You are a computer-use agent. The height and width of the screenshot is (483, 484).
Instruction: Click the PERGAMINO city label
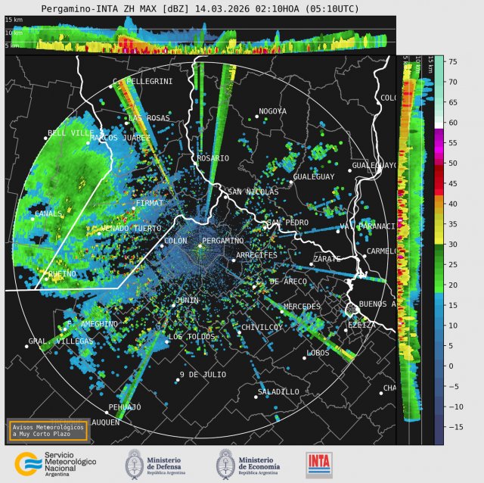pyautogui.click(x=224, y=241)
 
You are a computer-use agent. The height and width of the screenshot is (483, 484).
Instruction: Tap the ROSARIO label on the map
pyautogui.click(x=213, y=158)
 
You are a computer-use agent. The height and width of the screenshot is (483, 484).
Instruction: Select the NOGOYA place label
pyautogui.click(x=272, y=111)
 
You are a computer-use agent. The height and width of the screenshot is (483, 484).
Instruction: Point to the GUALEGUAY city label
pyautogui.click(x=313, y=176)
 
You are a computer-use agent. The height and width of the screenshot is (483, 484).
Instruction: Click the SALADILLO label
pyautogui.click(x=278, y=391)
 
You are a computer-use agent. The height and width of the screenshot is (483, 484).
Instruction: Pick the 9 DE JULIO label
pyautogui.click(x=203, y=375)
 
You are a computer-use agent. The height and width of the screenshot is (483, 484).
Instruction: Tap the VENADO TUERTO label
pyautogui.click(x=131, y=228)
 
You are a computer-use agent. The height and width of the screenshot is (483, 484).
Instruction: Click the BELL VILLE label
pyautogui.click(x=70, y=132)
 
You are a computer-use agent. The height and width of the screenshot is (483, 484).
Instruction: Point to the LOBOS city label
pyautogui.click(x=318, y=353)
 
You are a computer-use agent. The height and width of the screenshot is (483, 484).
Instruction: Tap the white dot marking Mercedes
pyautogui.click(x=282, y=311)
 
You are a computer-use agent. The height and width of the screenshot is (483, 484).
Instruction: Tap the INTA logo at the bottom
pyautogui.click(x=318, y=464)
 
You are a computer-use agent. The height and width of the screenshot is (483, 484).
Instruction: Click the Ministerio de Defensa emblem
pyautogui.click(x=134, y=463)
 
